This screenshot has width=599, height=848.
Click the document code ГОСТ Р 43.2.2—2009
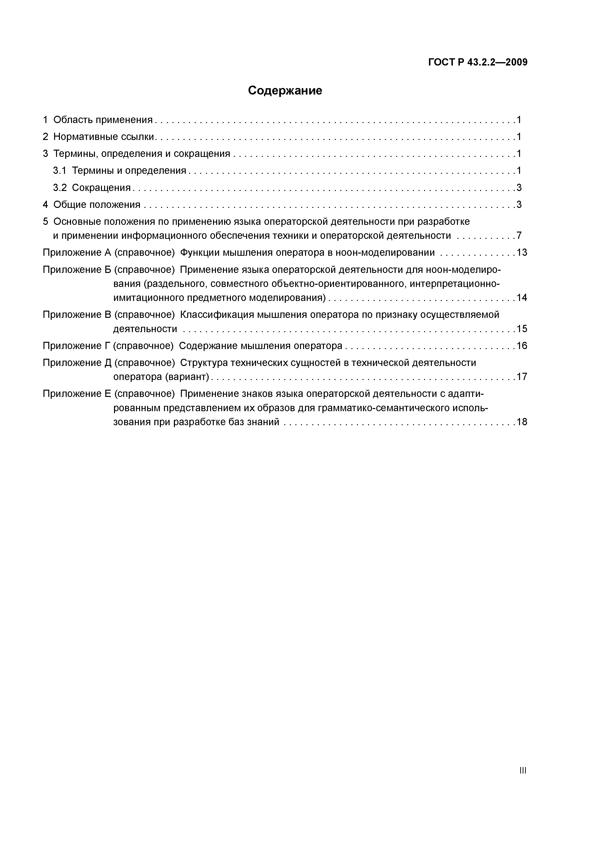(x=478, y=62)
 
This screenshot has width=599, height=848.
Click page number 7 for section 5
(x=519, y=236)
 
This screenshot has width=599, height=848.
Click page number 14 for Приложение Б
(x=522, y=298)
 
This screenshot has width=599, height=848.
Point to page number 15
(x=522, y=329)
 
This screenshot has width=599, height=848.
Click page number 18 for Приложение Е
(x=522, y=422)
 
